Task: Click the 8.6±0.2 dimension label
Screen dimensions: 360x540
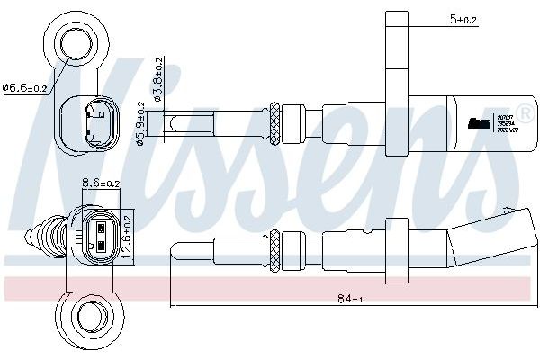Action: point(100,183)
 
